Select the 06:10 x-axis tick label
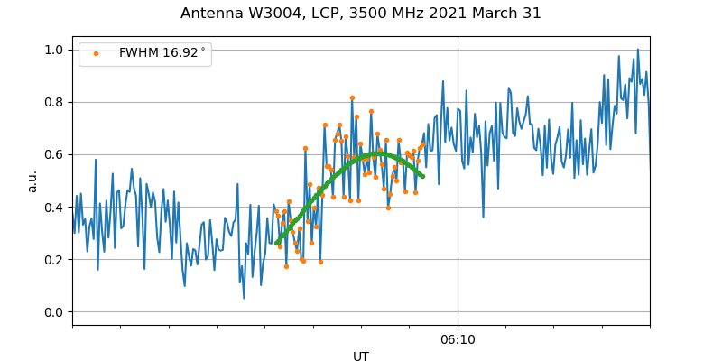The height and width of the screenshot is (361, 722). point(458,339)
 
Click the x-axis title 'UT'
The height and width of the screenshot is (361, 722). point(361,356)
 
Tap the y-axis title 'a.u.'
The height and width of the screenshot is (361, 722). point(32,180)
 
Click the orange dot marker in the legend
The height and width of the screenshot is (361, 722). point(96,53)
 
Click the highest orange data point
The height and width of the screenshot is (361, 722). point(352,97)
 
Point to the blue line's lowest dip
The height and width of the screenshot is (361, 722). point(244,298)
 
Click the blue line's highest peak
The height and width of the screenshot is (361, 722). point(637,50)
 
